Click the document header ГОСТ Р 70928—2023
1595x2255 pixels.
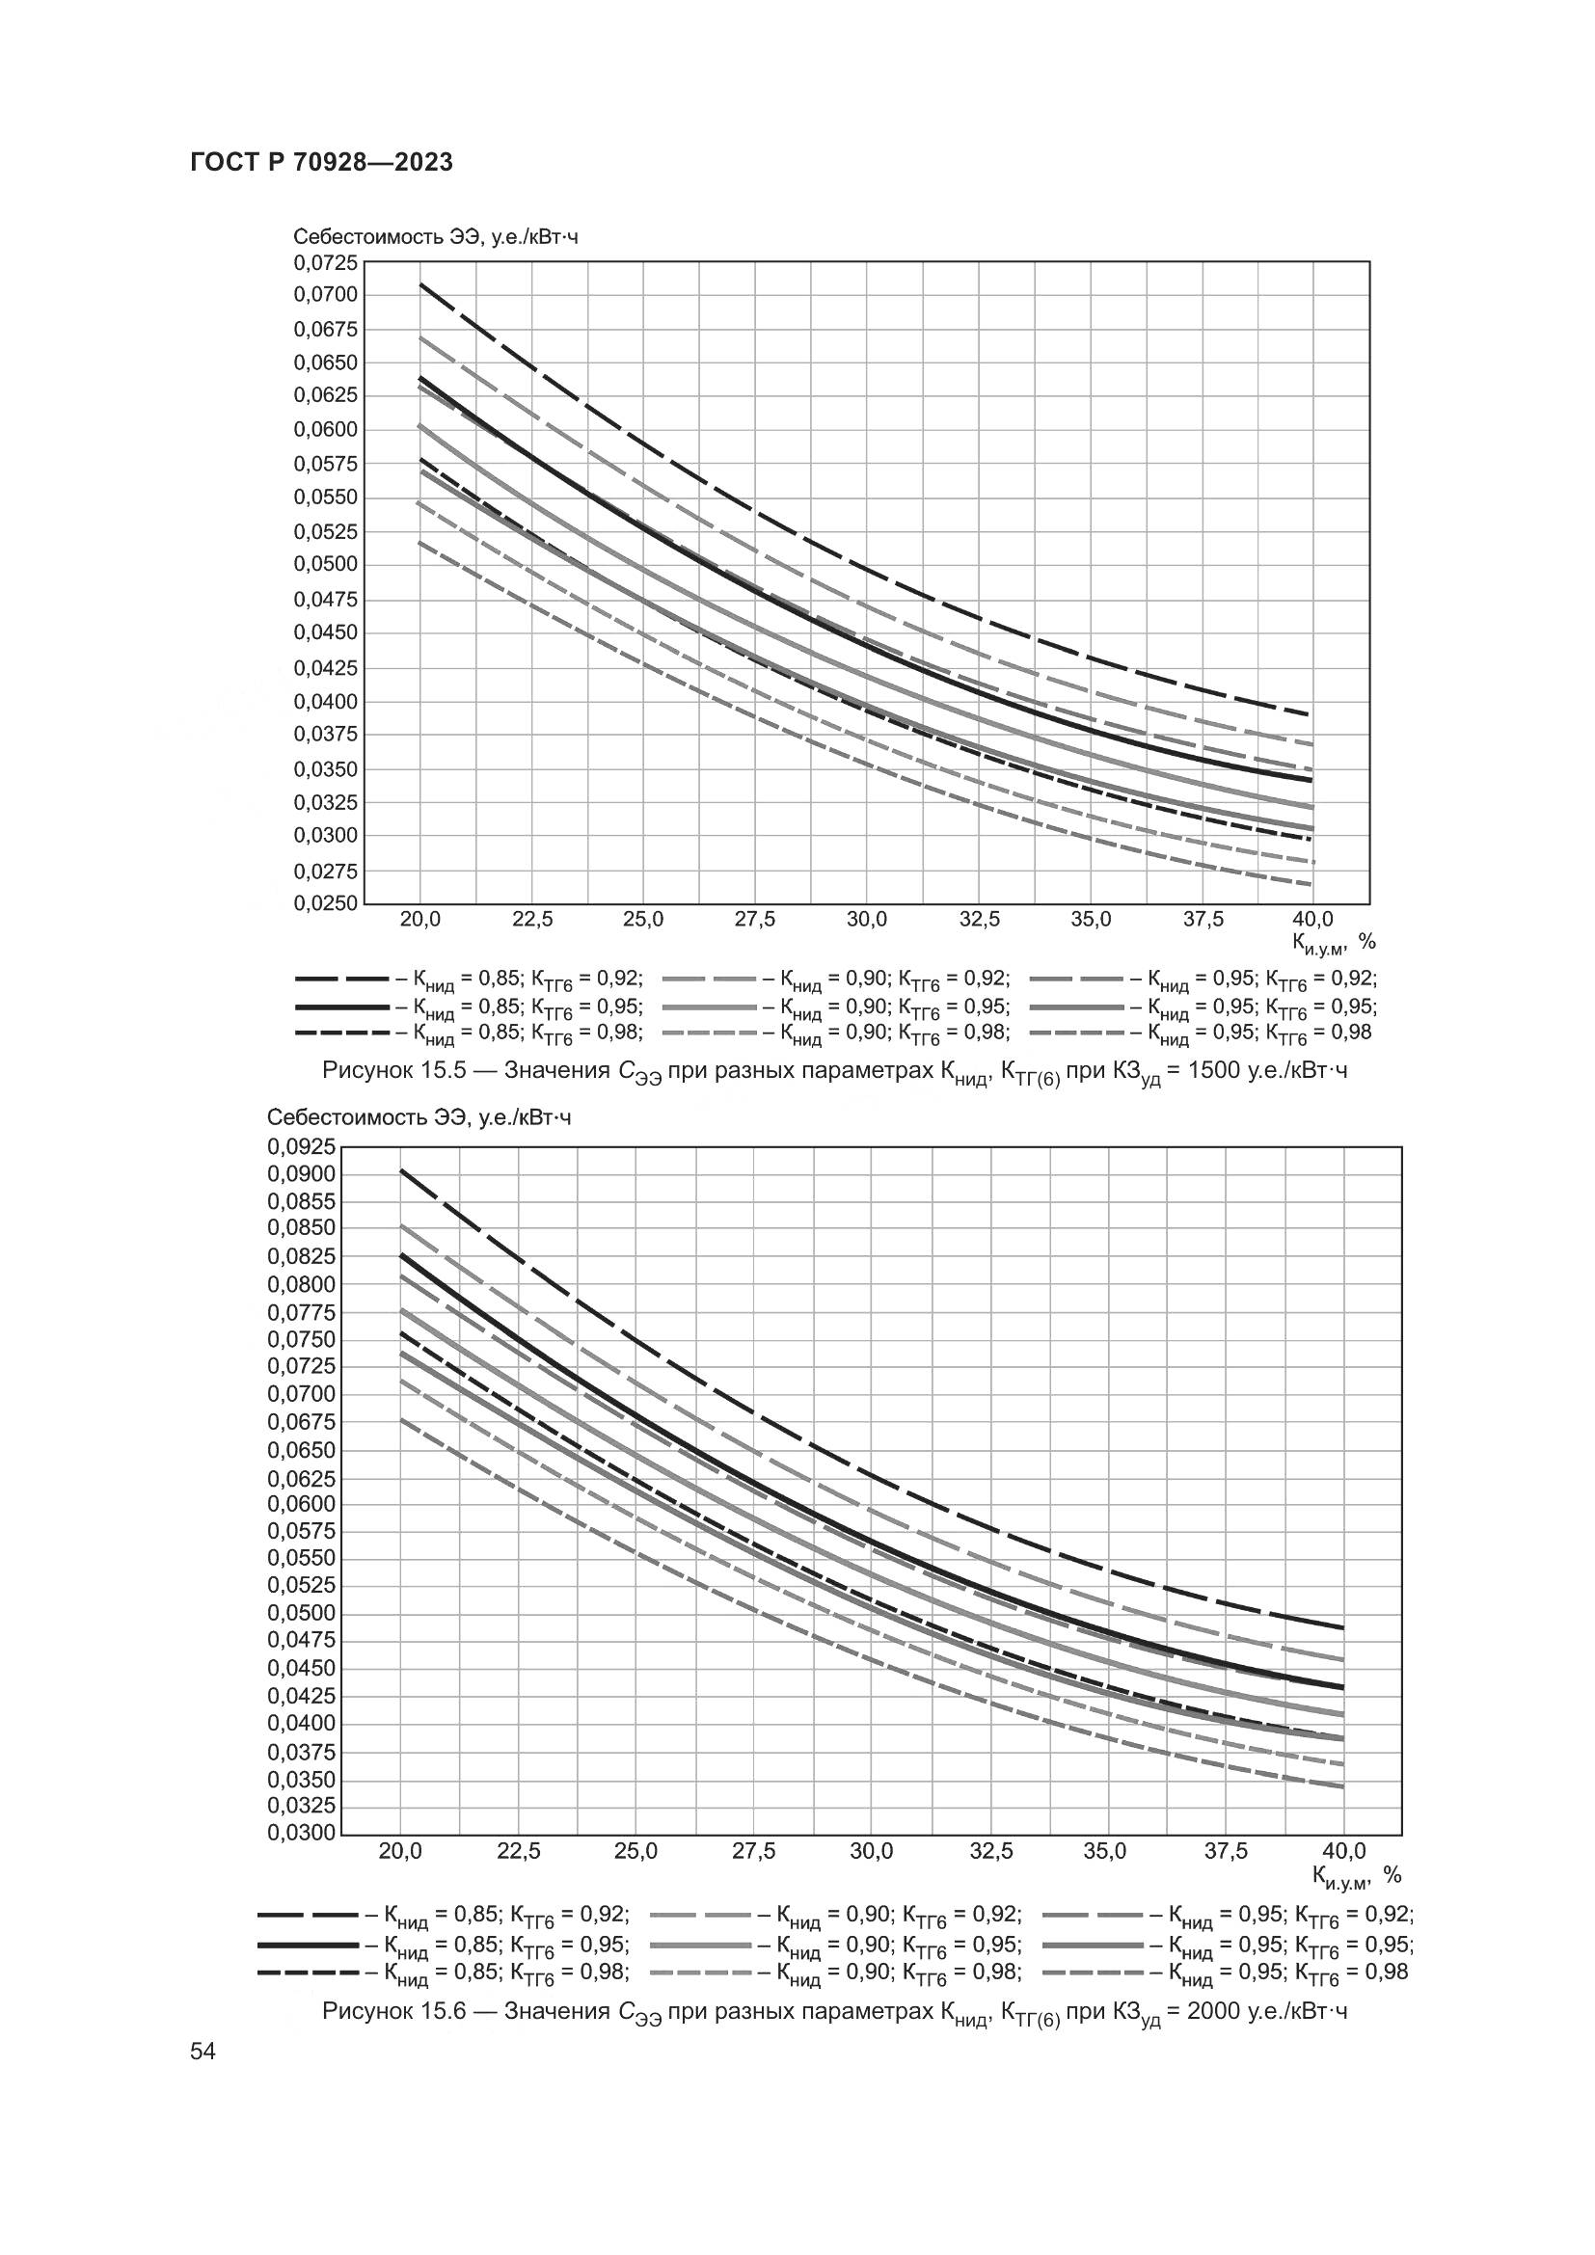point(321,163)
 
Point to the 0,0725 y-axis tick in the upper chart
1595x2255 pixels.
point(326,263)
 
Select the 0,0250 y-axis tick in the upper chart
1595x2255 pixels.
point(326,903)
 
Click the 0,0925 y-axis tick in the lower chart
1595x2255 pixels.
point(301,1146)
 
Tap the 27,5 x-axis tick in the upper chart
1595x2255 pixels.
point(754,921)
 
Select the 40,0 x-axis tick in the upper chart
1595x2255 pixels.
point(1312,921)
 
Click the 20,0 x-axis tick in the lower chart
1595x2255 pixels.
point(400,1851)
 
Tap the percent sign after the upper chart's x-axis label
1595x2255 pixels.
point(1367,942)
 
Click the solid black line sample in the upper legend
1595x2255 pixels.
point(341,1007)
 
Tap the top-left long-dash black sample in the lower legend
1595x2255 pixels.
point(307,1915)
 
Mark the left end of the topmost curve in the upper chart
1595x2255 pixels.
point(420,283)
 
